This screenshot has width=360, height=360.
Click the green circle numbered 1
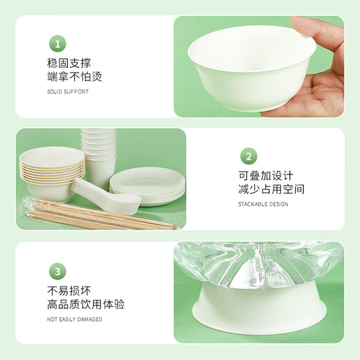[58, 44]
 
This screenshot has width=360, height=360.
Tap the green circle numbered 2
[249, 156]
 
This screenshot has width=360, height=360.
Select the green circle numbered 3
[58, 271]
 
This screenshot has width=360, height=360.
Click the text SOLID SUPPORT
[68, 91]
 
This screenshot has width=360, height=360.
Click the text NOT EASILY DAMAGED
[75, 319]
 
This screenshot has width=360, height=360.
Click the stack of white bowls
[51, 173]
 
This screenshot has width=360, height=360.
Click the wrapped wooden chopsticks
[97, 215]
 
